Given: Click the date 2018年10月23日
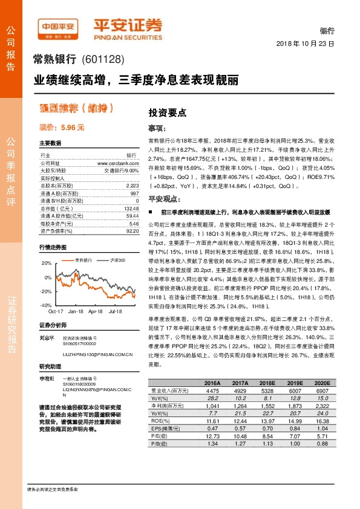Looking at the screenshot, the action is pyautogui.click(x=305, y=44).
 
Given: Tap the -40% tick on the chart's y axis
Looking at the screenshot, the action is pyautogui.click(x=46, y=305).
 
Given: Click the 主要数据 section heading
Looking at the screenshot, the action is pyautogui.click(x=50, y=143).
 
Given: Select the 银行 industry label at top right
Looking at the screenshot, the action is pyautogui.click(x=327, y=31).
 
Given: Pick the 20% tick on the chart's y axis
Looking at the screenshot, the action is pyautogui.click(x=47, y=263).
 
